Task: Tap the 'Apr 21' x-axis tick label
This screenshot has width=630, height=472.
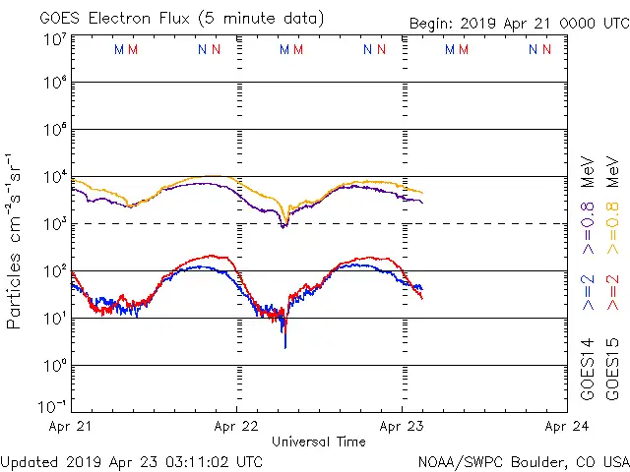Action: point(71,427)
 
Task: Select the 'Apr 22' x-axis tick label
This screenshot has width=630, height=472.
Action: point(236,427)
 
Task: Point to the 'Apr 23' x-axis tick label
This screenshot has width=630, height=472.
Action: point(402,427)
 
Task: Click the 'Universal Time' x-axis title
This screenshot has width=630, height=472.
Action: point(319,442)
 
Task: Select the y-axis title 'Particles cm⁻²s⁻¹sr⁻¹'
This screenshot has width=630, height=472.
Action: point(15,240)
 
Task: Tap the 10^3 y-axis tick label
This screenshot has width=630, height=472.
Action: point(54,224)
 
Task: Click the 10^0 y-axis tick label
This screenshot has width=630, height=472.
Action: point(54,366)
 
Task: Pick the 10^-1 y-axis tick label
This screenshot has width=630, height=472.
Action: point(54,406)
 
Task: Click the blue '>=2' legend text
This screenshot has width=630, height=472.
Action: point(587,293)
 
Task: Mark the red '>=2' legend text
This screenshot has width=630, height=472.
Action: point(612,293)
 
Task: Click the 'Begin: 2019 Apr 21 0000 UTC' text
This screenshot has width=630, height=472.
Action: point(519,25)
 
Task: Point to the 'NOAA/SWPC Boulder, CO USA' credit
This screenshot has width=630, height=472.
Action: point(523,461)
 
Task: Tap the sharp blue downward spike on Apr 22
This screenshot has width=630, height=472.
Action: point(285,339)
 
